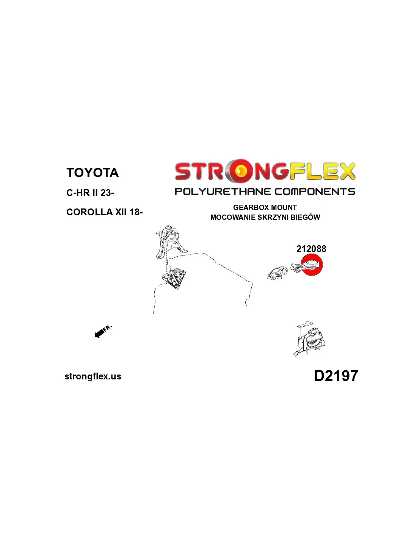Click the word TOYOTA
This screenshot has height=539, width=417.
[92, 172]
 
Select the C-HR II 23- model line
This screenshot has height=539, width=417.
[90, 193]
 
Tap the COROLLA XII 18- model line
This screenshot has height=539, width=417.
[104, 212]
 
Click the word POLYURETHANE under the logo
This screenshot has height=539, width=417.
[223, 191]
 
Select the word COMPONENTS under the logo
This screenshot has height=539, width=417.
[315, 191]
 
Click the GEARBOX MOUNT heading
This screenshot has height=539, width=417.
[265, 207]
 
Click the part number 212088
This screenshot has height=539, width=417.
[311, 249]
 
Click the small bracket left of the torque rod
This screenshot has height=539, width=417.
[277, 273]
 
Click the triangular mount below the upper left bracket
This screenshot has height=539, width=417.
[174, 279]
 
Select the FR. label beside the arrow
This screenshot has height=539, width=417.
[108, 328]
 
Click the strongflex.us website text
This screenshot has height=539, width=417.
[93, 376]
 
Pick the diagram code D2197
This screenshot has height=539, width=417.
[336, 376]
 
